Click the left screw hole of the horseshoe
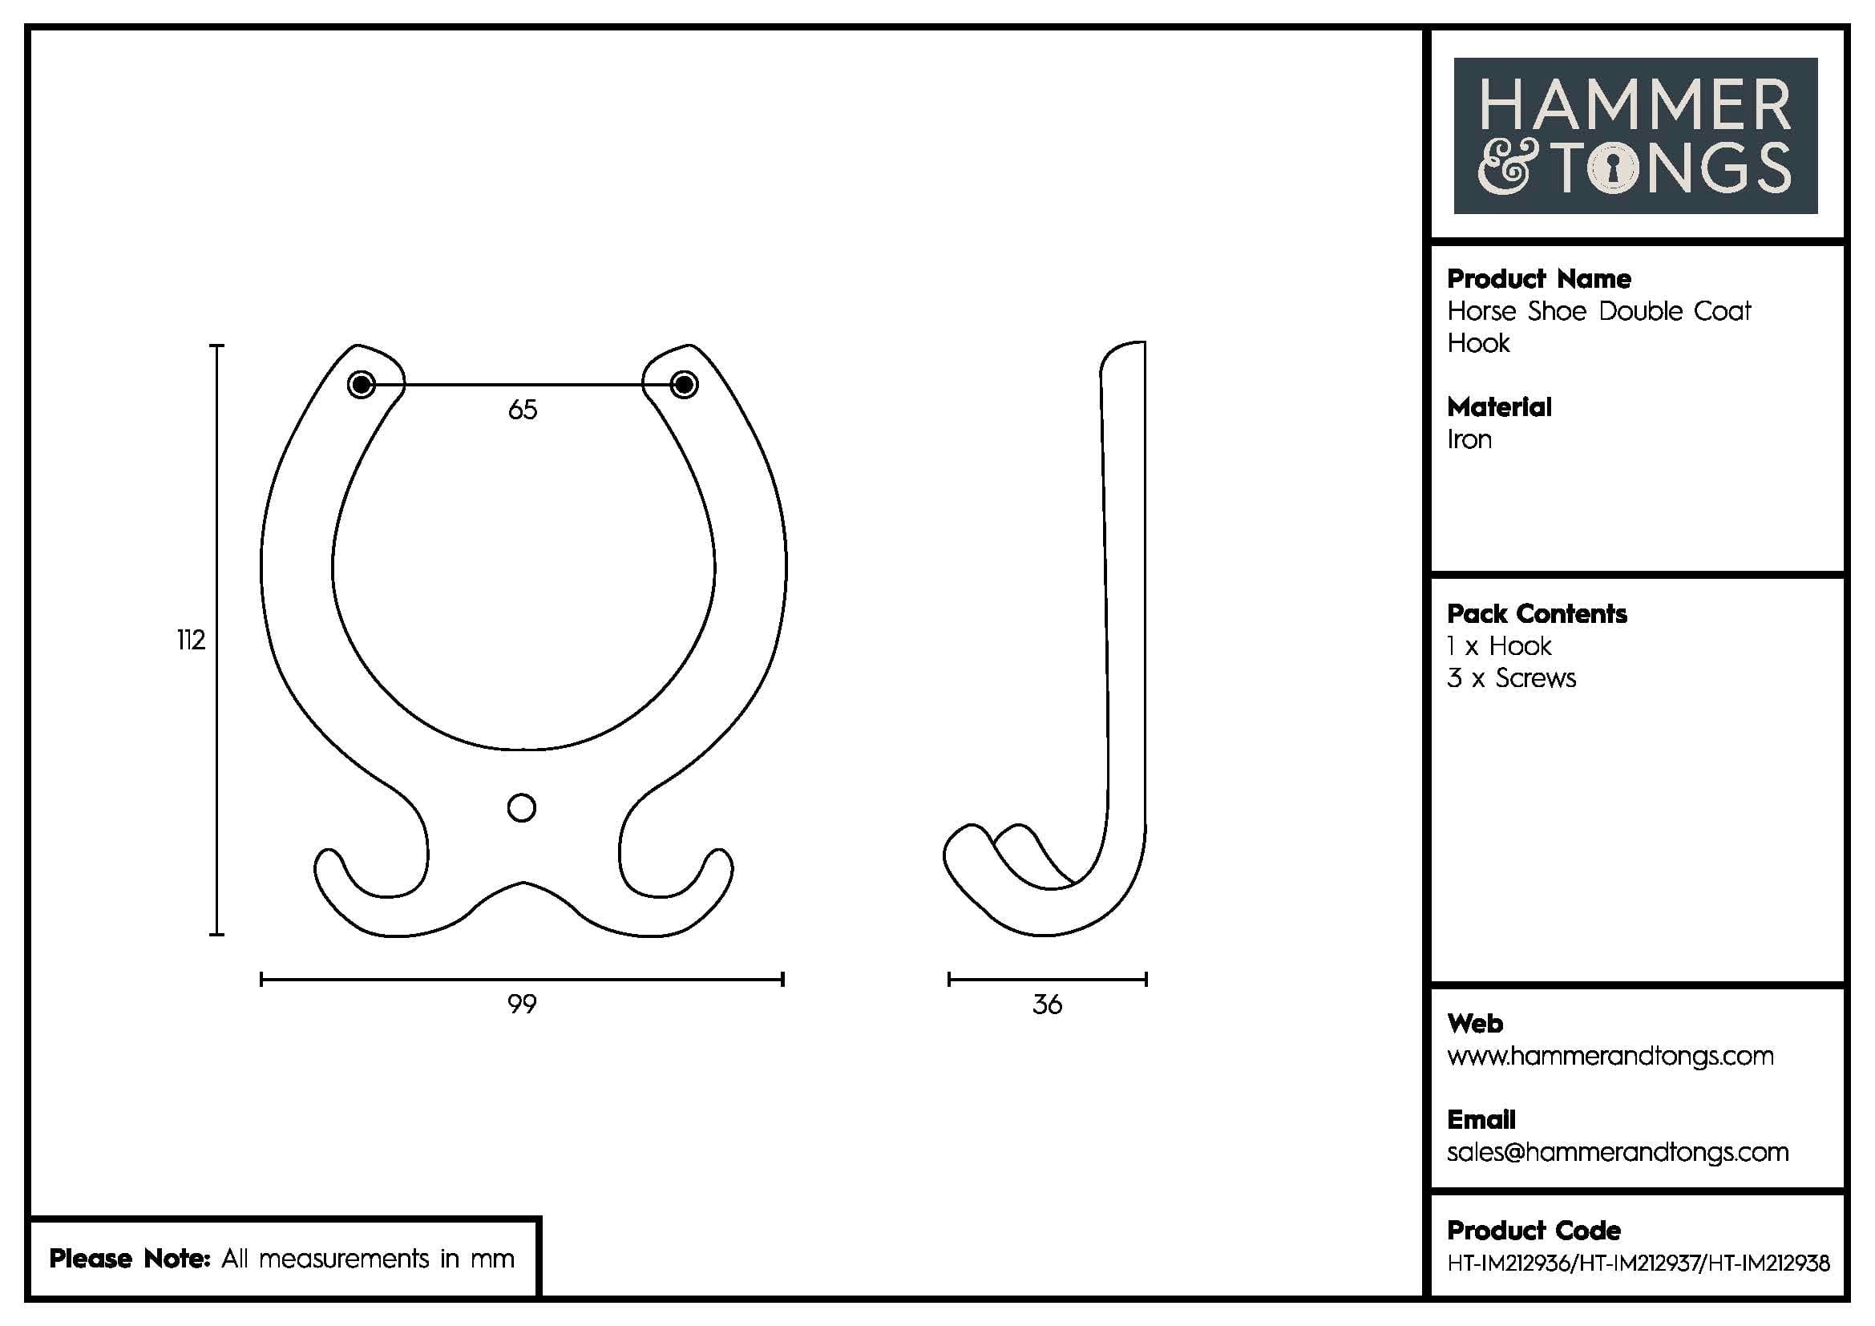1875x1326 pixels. [x=361, y=384]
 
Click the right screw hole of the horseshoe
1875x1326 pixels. [x=684, y=384]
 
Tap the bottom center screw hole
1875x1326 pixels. [x=521, y=807]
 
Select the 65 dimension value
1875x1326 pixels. [x=523, y=409]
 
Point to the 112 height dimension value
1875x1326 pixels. [x=190, y=640]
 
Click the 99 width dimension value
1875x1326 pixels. [x=522, y=1004]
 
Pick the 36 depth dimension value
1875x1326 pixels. [x=1047, y=1005]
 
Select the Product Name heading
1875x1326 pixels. [x=1538, y=279]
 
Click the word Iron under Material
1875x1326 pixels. [x=1469, y=439]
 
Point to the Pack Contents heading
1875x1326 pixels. [x=1536, y=614]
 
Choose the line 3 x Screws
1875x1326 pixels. [x=1511, y=678]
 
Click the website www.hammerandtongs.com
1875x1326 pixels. [x=1610, y=1056]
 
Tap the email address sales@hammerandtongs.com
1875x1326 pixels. [x=1617, y=1152]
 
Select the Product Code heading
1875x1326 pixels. [x=1533, y=1230]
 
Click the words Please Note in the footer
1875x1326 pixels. [x=130, y=1258]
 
